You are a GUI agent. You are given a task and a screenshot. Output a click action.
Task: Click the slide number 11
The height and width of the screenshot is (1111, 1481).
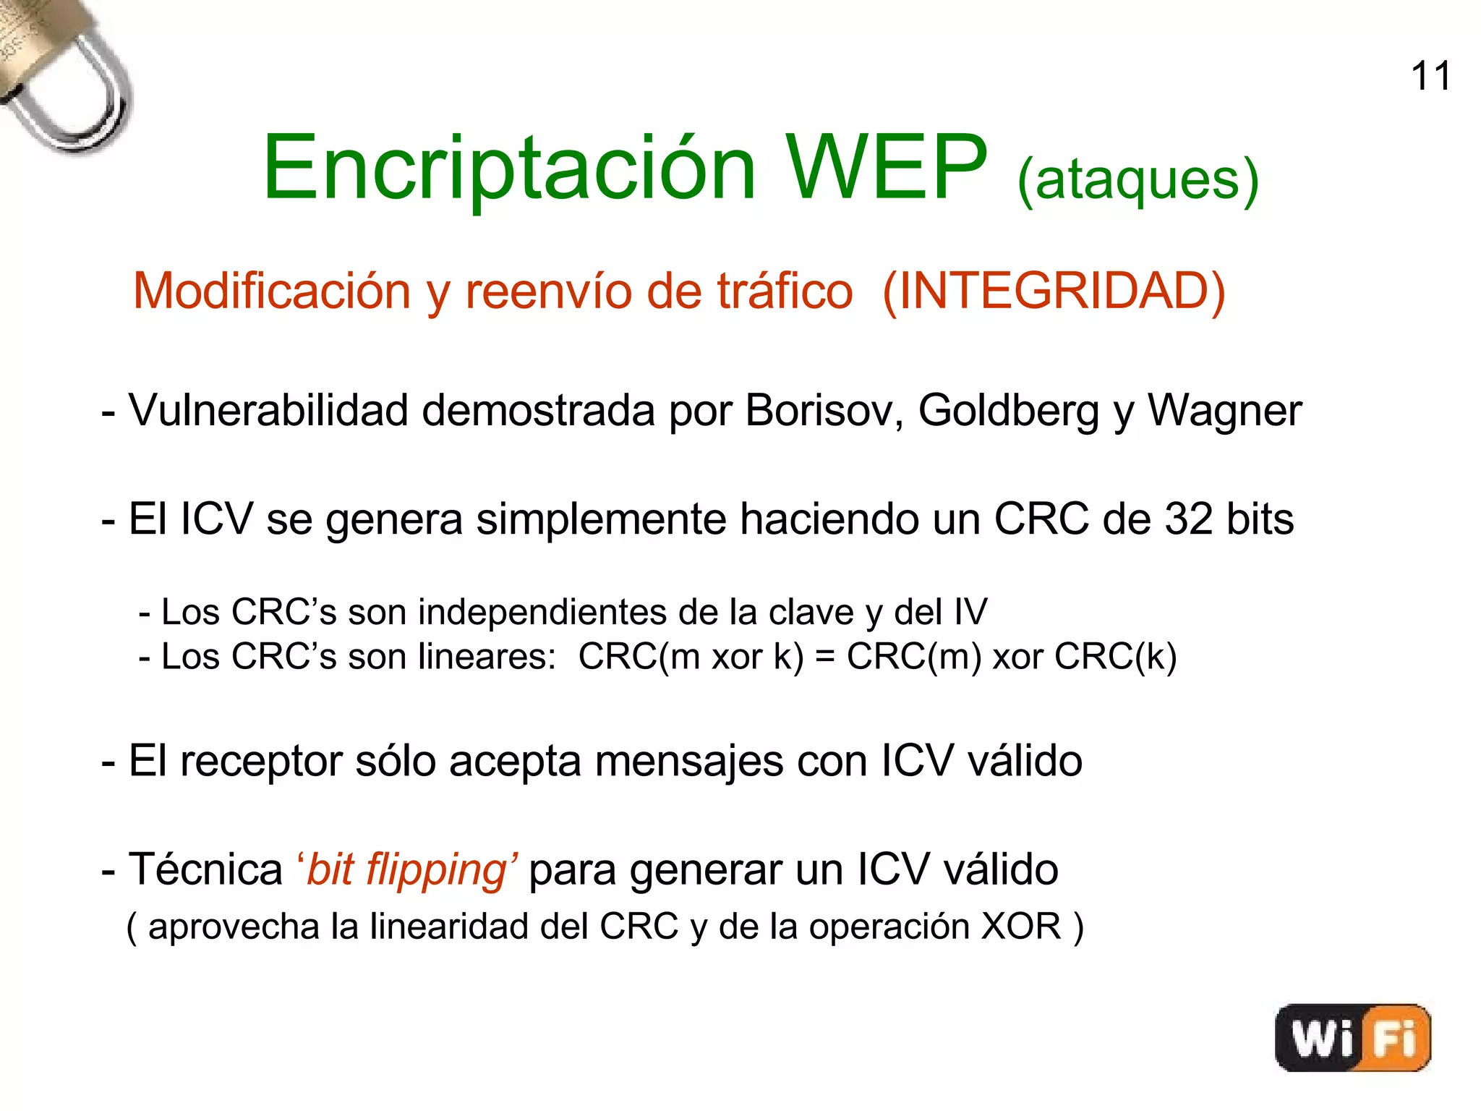(x=1430, y=77)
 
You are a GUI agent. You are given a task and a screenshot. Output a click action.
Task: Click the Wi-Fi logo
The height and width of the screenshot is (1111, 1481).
(x=1353, y=1037)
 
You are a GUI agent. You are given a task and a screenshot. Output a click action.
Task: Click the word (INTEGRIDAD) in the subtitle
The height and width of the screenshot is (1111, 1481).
(x=1054, y=291)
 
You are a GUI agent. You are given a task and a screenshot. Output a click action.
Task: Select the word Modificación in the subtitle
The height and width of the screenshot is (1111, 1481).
(x=273, y=291)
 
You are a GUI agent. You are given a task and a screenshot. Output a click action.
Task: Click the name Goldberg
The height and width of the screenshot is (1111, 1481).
(x=1009, y=411)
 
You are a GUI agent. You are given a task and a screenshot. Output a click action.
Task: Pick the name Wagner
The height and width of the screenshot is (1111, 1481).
(x=1224, y=411)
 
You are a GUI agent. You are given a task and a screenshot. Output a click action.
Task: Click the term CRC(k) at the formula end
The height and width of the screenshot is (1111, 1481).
(x=1115, y=657)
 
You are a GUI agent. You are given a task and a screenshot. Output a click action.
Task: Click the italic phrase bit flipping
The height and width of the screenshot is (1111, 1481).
(x=407, y=869)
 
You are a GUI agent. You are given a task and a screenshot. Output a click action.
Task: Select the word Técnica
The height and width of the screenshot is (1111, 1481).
(x=205, y=869)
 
